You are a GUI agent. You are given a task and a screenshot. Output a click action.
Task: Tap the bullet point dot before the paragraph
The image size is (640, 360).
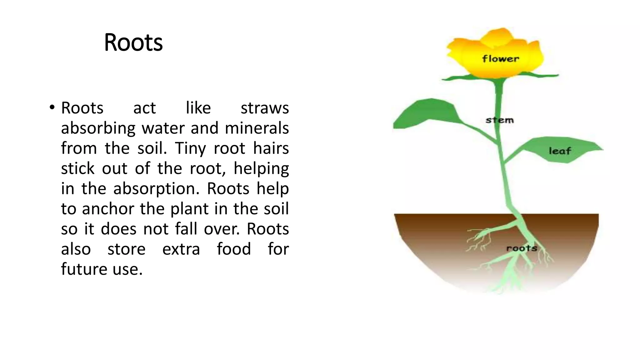(x=52, y=108)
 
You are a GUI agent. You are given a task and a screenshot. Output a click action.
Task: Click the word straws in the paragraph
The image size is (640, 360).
(x=265, y=108)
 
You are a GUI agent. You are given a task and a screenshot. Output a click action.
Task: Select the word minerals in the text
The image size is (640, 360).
(x=257, y=128)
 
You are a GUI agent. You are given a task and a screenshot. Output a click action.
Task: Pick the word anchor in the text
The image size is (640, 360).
(x=108, y=209)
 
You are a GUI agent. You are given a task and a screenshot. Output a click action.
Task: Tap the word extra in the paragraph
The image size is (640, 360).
(x=181, y=249)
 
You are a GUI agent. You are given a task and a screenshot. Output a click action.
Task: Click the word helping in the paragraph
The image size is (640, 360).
(x=261, y=169)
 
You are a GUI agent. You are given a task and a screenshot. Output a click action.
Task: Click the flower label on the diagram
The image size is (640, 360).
(x=500, y=59)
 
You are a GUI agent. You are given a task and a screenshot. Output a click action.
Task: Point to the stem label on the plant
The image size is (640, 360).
(x=499, y=120)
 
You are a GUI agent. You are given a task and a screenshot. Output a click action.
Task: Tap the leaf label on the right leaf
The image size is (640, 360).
(x=560, y=151)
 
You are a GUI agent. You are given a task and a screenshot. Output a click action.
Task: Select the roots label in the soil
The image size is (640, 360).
(x=522, y=248)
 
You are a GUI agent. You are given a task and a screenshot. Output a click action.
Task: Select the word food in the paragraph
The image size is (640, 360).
(x=234, y=249)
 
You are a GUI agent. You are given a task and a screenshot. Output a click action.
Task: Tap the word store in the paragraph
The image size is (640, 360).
(x=126, y=249)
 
